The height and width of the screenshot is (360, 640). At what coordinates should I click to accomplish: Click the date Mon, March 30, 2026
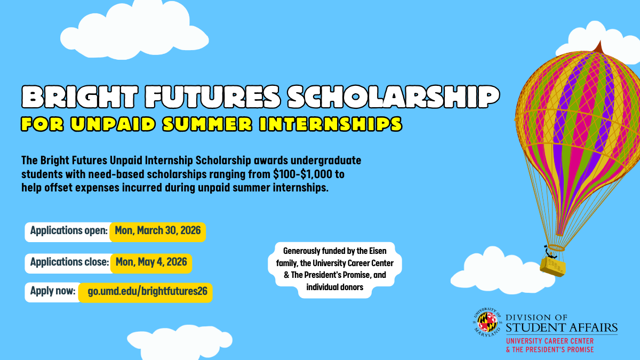(158, 231)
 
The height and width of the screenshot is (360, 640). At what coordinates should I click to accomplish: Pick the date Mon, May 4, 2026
(151, 262)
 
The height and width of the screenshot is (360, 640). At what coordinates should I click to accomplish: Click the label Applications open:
(69, 231)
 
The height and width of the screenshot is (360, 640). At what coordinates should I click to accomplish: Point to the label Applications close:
(69, 262)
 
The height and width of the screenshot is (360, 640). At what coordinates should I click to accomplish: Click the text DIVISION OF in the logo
(539, 316)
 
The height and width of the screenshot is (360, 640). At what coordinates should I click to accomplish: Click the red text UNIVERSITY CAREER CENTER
(550, 341)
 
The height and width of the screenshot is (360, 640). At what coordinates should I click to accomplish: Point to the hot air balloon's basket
(553, 265)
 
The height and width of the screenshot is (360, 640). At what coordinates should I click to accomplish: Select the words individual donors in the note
(334, 287)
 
